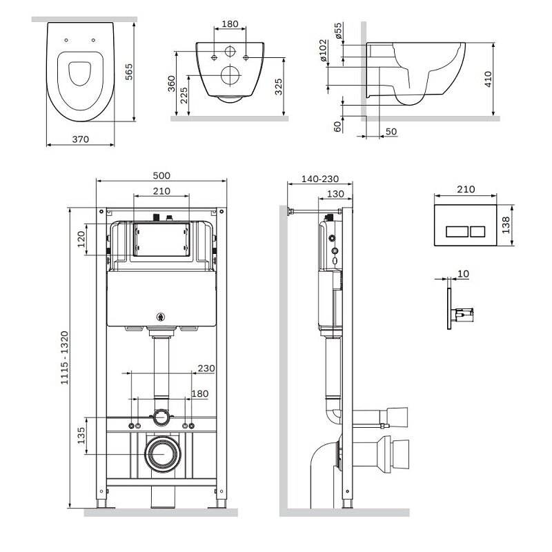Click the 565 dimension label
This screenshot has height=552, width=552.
[129, 72]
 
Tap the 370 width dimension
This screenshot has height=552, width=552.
[81, 139]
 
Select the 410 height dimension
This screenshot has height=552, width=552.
[488, 79]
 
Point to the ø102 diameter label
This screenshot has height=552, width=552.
[323, 50]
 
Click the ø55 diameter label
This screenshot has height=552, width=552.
[338, 30]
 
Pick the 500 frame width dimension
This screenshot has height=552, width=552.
[161, 175]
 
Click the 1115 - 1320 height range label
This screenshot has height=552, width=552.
[64, 357]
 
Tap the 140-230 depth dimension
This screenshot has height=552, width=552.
[320, 179]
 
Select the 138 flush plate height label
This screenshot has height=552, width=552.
[506, 225]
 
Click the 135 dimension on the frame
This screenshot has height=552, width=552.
[81, 435]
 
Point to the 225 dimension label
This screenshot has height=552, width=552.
[184, 95]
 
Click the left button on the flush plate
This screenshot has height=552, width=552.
[457, 232]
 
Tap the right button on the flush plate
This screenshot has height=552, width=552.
[477, 232]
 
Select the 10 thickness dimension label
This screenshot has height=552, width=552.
[463, 274]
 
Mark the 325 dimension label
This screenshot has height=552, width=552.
[279, 87]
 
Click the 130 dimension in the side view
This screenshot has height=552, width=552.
[335, 194]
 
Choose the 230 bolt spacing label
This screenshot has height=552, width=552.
[206, 368]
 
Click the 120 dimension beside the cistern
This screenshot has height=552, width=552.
[81, 239]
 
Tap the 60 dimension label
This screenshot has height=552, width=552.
[337, 126]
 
